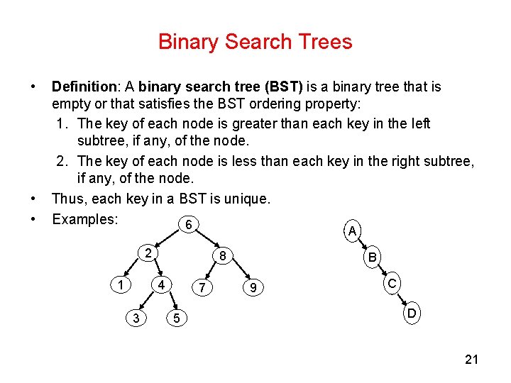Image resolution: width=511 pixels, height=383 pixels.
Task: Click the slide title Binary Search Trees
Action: coord(255,42)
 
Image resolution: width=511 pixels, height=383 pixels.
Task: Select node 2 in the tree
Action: coord(146,253)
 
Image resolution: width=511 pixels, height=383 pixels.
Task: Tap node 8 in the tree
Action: coord(221,256)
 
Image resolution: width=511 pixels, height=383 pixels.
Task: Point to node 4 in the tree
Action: coord(162,285)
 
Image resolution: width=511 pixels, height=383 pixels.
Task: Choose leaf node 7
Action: coord(203,288)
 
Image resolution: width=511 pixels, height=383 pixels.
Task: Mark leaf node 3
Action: coord(136,318)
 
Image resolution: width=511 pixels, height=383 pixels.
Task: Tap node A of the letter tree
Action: coord(351,231)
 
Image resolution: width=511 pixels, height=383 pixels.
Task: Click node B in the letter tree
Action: coord(372,258)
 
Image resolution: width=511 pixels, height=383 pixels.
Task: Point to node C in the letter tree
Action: coord(392,284)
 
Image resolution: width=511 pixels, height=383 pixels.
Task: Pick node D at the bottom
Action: coord(411,313)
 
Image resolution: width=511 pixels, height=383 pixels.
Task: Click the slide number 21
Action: coord(471,360)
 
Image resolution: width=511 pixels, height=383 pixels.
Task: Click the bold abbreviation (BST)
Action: coord(283,87)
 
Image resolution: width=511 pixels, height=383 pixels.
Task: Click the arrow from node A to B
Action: coord(362,245)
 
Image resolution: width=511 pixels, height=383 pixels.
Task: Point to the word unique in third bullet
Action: coord(246,199)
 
